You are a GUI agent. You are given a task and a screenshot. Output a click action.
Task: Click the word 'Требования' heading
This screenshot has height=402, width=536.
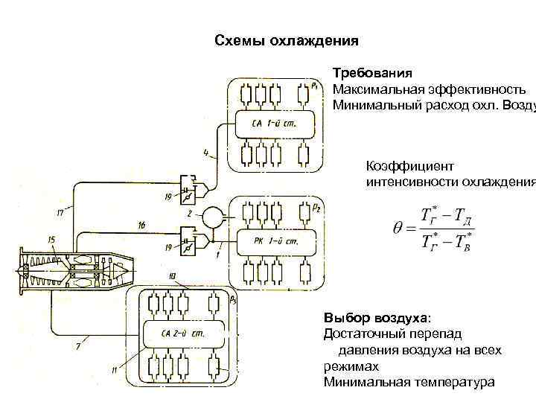point(372,74)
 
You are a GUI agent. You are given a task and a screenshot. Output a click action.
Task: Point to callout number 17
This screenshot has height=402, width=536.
point(60,212)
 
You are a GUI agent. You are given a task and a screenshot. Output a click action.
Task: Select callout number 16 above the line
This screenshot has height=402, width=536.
point(141,225)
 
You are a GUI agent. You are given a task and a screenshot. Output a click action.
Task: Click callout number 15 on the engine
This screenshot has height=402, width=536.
point(51,239)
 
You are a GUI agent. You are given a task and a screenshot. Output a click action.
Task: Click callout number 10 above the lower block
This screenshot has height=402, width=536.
point(172,278)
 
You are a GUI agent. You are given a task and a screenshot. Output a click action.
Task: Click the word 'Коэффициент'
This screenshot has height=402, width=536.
point(398,167)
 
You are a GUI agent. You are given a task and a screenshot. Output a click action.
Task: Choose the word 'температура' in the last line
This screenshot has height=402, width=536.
point(453,383)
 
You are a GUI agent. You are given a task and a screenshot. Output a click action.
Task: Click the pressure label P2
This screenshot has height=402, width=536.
point(316,208)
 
